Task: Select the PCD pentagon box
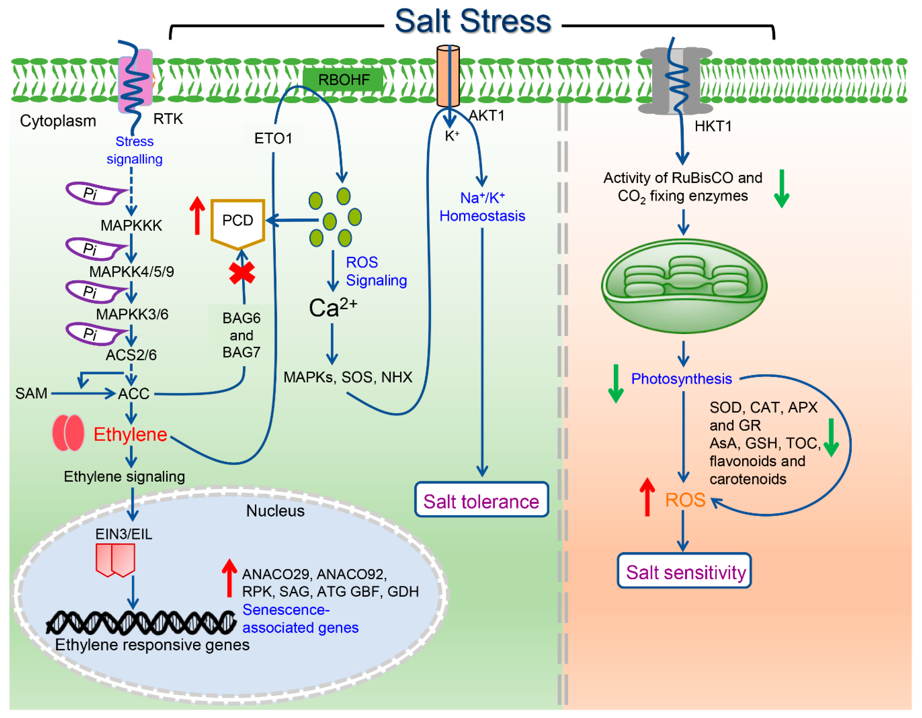coord(238,222)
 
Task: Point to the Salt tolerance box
coord(481,500)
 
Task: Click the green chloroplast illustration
coord(684,286)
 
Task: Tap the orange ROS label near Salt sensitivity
coord(685,500)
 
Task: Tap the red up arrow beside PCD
coord(197,215)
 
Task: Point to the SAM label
coord(31,393)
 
